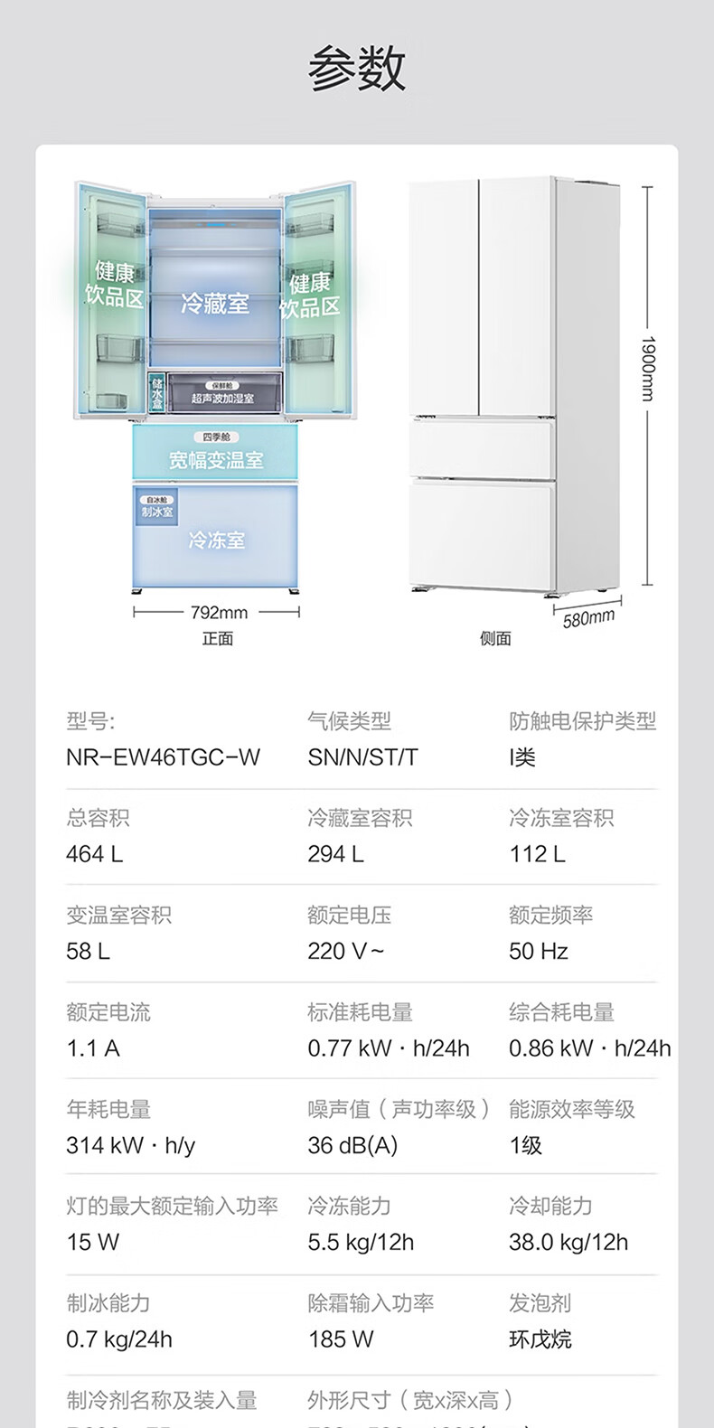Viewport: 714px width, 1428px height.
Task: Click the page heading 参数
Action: click(357, 69)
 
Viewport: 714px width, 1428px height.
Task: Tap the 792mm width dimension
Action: click(219, 613)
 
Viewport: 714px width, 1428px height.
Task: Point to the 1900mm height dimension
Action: click(647, 369)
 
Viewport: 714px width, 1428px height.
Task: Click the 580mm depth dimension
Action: click(588, 618)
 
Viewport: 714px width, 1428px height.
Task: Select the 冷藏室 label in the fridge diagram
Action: click(215, 304)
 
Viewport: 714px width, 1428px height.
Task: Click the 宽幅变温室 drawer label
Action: click(216, 460)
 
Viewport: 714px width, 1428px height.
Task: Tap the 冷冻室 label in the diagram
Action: click(217, 540)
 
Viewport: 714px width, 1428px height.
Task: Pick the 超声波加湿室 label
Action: click(222, 399)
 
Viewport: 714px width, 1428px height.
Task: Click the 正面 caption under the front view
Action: click(218, 639)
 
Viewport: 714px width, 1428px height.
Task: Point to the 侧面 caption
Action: click(495, 639)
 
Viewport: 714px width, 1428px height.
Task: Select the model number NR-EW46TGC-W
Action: click(163, 757)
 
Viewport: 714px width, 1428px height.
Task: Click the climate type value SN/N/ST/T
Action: click(362, 757)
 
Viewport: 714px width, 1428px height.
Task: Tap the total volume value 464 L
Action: click(95, 854)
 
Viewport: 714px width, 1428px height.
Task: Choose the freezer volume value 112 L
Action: click(537, 854)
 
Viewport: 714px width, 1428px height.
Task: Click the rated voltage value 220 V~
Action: click(346, 951)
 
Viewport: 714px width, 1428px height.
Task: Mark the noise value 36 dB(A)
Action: click(352, 1145)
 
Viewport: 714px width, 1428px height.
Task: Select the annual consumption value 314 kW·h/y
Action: click(130, 1145)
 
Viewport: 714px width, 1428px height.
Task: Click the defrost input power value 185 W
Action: click(341, 1339)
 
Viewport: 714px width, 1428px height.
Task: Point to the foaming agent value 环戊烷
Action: click(540, 1339)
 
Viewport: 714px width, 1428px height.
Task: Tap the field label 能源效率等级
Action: click(572, 1109)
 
